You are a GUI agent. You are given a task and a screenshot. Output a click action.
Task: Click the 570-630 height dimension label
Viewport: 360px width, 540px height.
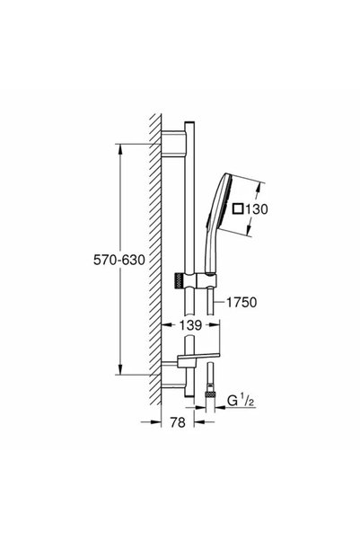tap(119, 260)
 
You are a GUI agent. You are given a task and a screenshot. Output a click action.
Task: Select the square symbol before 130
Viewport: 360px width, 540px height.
tap(238, 208)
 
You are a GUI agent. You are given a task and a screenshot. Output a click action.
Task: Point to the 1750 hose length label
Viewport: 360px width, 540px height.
tap(241, 302)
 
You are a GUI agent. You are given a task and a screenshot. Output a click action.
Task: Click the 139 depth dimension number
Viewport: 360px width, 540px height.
tap(190, 324)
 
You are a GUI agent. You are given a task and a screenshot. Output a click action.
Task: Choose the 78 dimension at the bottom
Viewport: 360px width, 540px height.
tap(178, 422)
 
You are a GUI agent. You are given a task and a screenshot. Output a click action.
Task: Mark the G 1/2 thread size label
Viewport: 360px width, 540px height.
tap(241, 402)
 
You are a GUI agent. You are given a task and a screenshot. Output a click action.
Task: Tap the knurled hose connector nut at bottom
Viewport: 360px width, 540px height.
tap(209, 395)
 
